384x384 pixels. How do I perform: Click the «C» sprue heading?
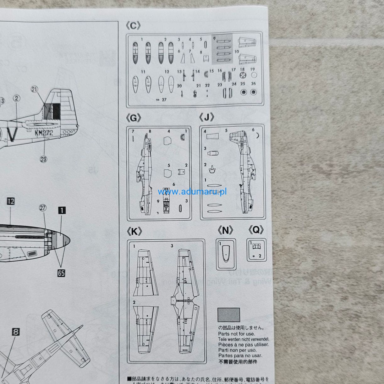tap(133, 26)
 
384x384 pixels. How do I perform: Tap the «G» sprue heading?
tap(133, 118)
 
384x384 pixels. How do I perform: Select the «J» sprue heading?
tap(207, 118)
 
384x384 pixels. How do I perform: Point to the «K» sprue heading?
tap(134, 232)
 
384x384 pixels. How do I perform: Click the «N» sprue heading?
tap(225, 230)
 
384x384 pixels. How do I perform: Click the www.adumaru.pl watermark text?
tap(192, 192)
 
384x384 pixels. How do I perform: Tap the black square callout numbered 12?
tap(11, 201)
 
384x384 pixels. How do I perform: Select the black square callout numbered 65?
tap(61, 273)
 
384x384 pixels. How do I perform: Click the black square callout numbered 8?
tap(16, 332)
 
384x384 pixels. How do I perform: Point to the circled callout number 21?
tap(34, 90)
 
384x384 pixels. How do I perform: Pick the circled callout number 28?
tap(43, 159)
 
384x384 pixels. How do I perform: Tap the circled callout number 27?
tap(43, 208)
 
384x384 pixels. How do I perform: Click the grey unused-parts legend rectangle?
tap(228, 315)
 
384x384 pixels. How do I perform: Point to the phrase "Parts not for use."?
tap(237, 334)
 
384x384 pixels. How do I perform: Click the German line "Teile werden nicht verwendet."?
tap(244, 339)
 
